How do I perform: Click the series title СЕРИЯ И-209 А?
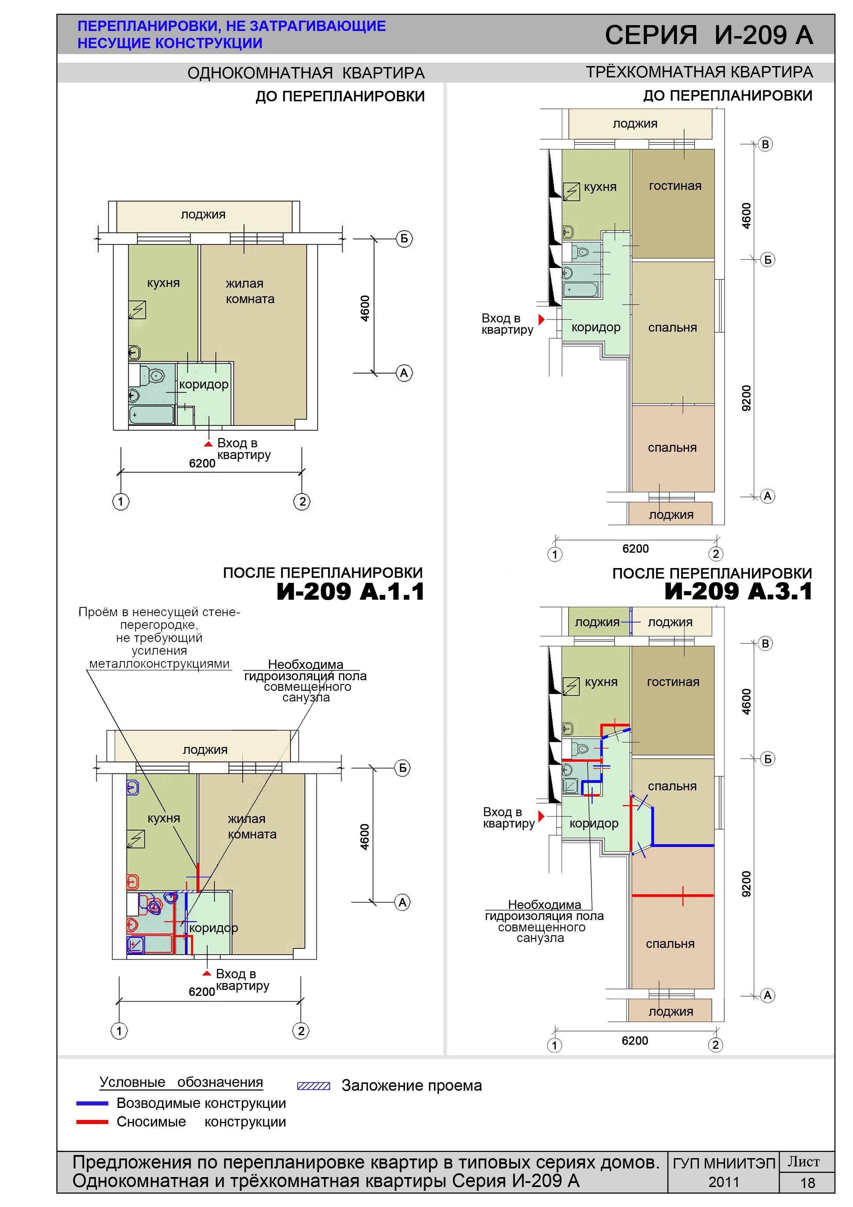(709, 35)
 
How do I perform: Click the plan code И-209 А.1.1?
(350, 592)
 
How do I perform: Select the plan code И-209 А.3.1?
(738, 591)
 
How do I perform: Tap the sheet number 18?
(807, 1183)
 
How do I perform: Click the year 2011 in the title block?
(724, 1182)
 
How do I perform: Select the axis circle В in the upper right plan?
(765, 145)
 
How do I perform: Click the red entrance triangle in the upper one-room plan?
(208, 444)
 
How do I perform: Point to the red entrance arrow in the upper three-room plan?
(541, 319)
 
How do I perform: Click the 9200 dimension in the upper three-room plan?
(746, 398)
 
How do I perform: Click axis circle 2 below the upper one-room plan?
(302, 502)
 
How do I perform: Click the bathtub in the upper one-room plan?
(152, 415)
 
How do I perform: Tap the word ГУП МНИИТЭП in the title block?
(724, 1163)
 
